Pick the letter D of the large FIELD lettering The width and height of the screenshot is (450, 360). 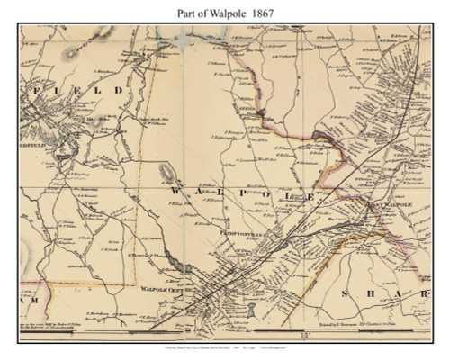click(118, 91)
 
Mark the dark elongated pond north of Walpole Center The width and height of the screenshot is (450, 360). click(165, 168)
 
